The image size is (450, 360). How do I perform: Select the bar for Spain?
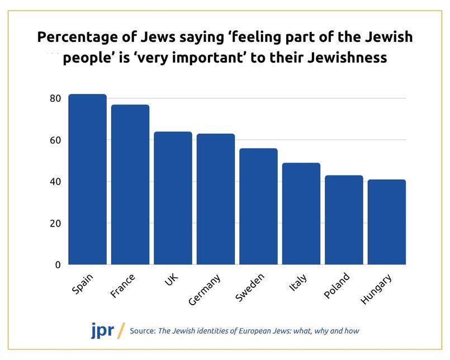click(87, 179)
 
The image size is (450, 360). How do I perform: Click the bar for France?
click(130, 184)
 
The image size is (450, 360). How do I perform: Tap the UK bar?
click(173, 198)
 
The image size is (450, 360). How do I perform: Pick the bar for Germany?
click(216, 199)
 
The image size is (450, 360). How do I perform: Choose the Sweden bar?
click(258, 206)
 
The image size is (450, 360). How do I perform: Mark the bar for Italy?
click(301, 214)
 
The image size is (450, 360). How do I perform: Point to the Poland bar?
click(344, 220)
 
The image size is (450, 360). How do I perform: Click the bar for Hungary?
click(387, 222)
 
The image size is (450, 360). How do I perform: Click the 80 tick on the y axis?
click(54, 98)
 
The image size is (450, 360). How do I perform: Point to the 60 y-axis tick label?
click(54, 140)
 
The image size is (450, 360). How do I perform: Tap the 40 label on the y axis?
click(54, 182)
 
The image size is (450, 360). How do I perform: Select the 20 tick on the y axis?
click(54, 224)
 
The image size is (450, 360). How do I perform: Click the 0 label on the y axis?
click(57, 265)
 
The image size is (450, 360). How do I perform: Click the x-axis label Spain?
click(83, 283)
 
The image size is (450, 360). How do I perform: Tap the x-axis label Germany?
click(205, 289)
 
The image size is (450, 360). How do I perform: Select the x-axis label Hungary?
click(376, 289)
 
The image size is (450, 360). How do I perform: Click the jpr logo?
click(102, 330)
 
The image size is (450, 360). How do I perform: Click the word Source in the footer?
click(142, 331)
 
